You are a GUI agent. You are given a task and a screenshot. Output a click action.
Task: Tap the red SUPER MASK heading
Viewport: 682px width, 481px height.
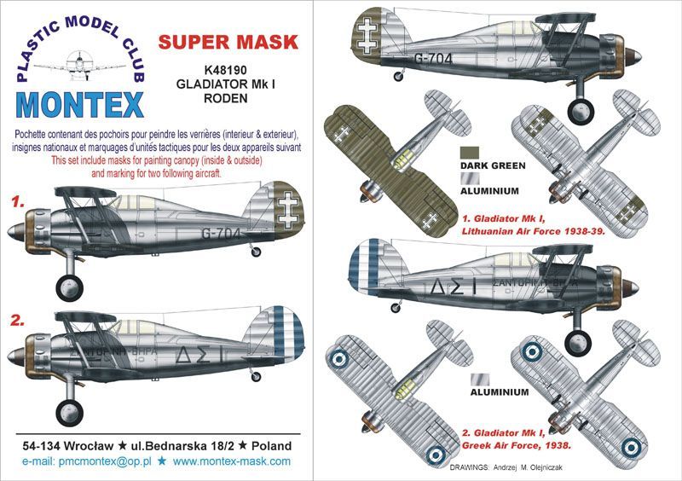click(x=228, y=41)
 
